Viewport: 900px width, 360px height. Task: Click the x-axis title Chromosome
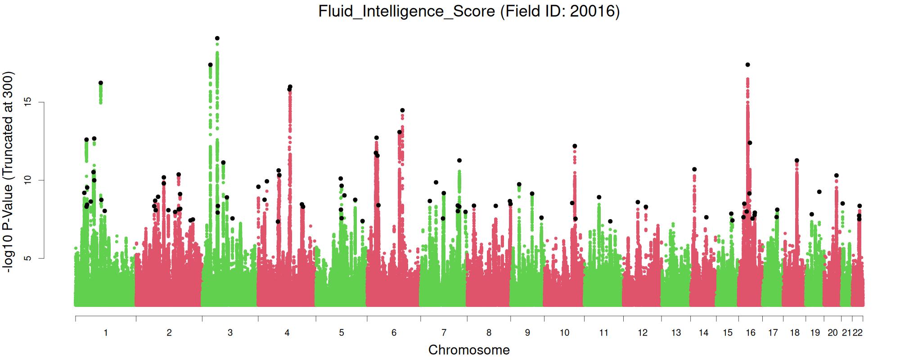(469, 350)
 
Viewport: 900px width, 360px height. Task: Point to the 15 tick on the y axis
(40, 102)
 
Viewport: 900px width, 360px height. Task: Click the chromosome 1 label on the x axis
(106, 333)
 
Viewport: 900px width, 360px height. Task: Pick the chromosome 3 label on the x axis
(230, 333)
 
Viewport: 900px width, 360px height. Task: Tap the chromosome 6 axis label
(394, 333)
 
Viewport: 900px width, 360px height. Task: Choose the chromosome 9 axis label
(527, 333)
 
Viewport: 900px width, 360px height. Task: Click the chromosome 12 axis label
(643, 333)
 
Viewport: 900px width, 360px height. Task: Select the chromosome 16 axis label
(750, 333)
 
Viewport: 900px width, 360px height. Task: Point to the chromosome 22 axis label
(858, 333)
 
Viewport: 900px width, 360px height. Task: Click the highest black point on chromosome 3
(217, 38)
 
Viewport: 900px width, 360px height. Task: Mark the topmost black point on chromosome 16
(748, 65)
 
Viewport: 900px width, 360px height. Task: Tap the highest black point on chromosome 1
(101, 83)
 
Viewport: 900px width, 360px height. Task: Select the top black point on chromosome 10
(575, 146)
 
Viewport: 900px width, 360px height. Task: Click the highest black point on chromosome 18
(797, 161)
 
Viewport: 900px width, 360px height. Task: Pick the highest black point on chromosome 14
(694, 169)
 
